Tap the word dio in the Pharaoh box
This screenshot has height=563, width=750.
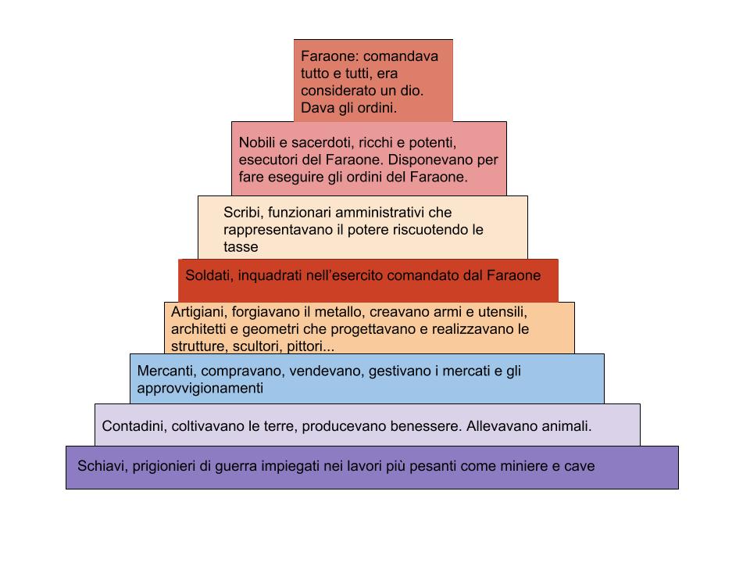pyautogui.click(x=412, y=91)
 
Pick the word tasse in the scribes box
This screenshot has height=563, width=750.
pyautogui.click(x=241, y=247)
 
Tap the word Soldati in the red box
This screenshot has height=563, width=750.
pyautogui.click(x=209, y=275)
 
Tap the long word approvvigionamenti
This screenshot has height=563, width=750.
pyautogui.click(x=200, y=389)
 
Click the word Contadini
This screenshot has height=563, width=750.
pyautogui.click(x=131, y=427)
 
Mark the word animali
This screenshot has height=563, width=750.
pyautogui.click(x=564, y=427)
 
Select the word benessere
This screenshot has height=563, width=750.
pyautogui.click(x=426, y=427)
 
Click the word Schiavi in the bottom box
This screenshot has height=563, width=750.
pyautogui.click(x=101, y=467)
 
